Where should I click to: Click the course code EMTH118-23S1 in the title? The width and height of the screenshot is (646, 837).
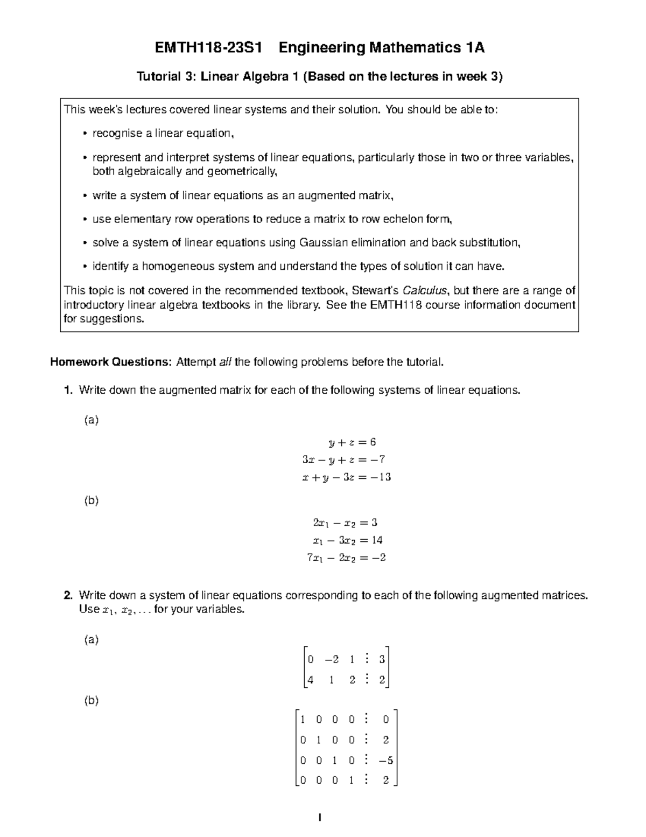point(208,48)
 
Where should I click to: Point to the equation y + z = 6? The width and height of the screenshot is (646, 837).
point(352,442)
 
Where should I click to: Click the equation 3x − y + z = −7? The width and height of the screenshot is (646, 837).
point(343,459)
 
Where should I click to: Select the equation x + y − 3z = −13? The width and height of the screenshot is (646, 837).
point(346,477)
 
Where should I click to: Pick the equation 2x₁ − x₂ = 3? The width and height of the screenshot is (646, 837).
point(345,522)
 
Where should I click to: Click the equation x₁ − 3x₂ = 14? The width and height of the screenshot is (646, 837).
point(348,540)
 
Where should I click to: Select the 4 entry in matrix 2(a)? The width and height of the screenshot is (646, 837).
point(310,680)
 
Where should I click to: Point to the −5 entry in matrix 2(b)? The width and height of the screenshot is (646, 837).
point(385,761)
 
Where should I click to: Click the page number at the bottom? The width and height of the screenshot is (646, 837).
point(320,818)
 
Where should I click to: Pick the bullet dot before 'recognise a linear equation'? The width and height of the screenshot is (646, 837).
point(85,134)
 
